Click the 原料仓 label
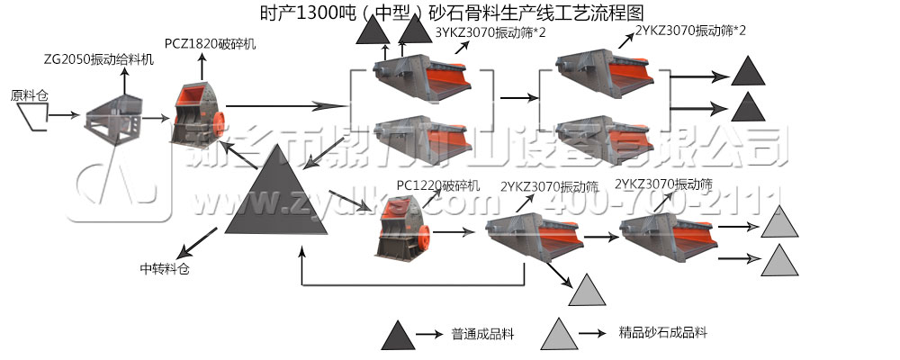tap(29, 94)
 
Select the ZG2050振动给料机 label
tap(98, 59)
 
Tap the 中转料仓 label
tap(166, 267)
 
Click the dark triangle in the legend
tap(396, 335)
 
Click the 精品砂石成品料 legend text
tap(663, 332)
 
